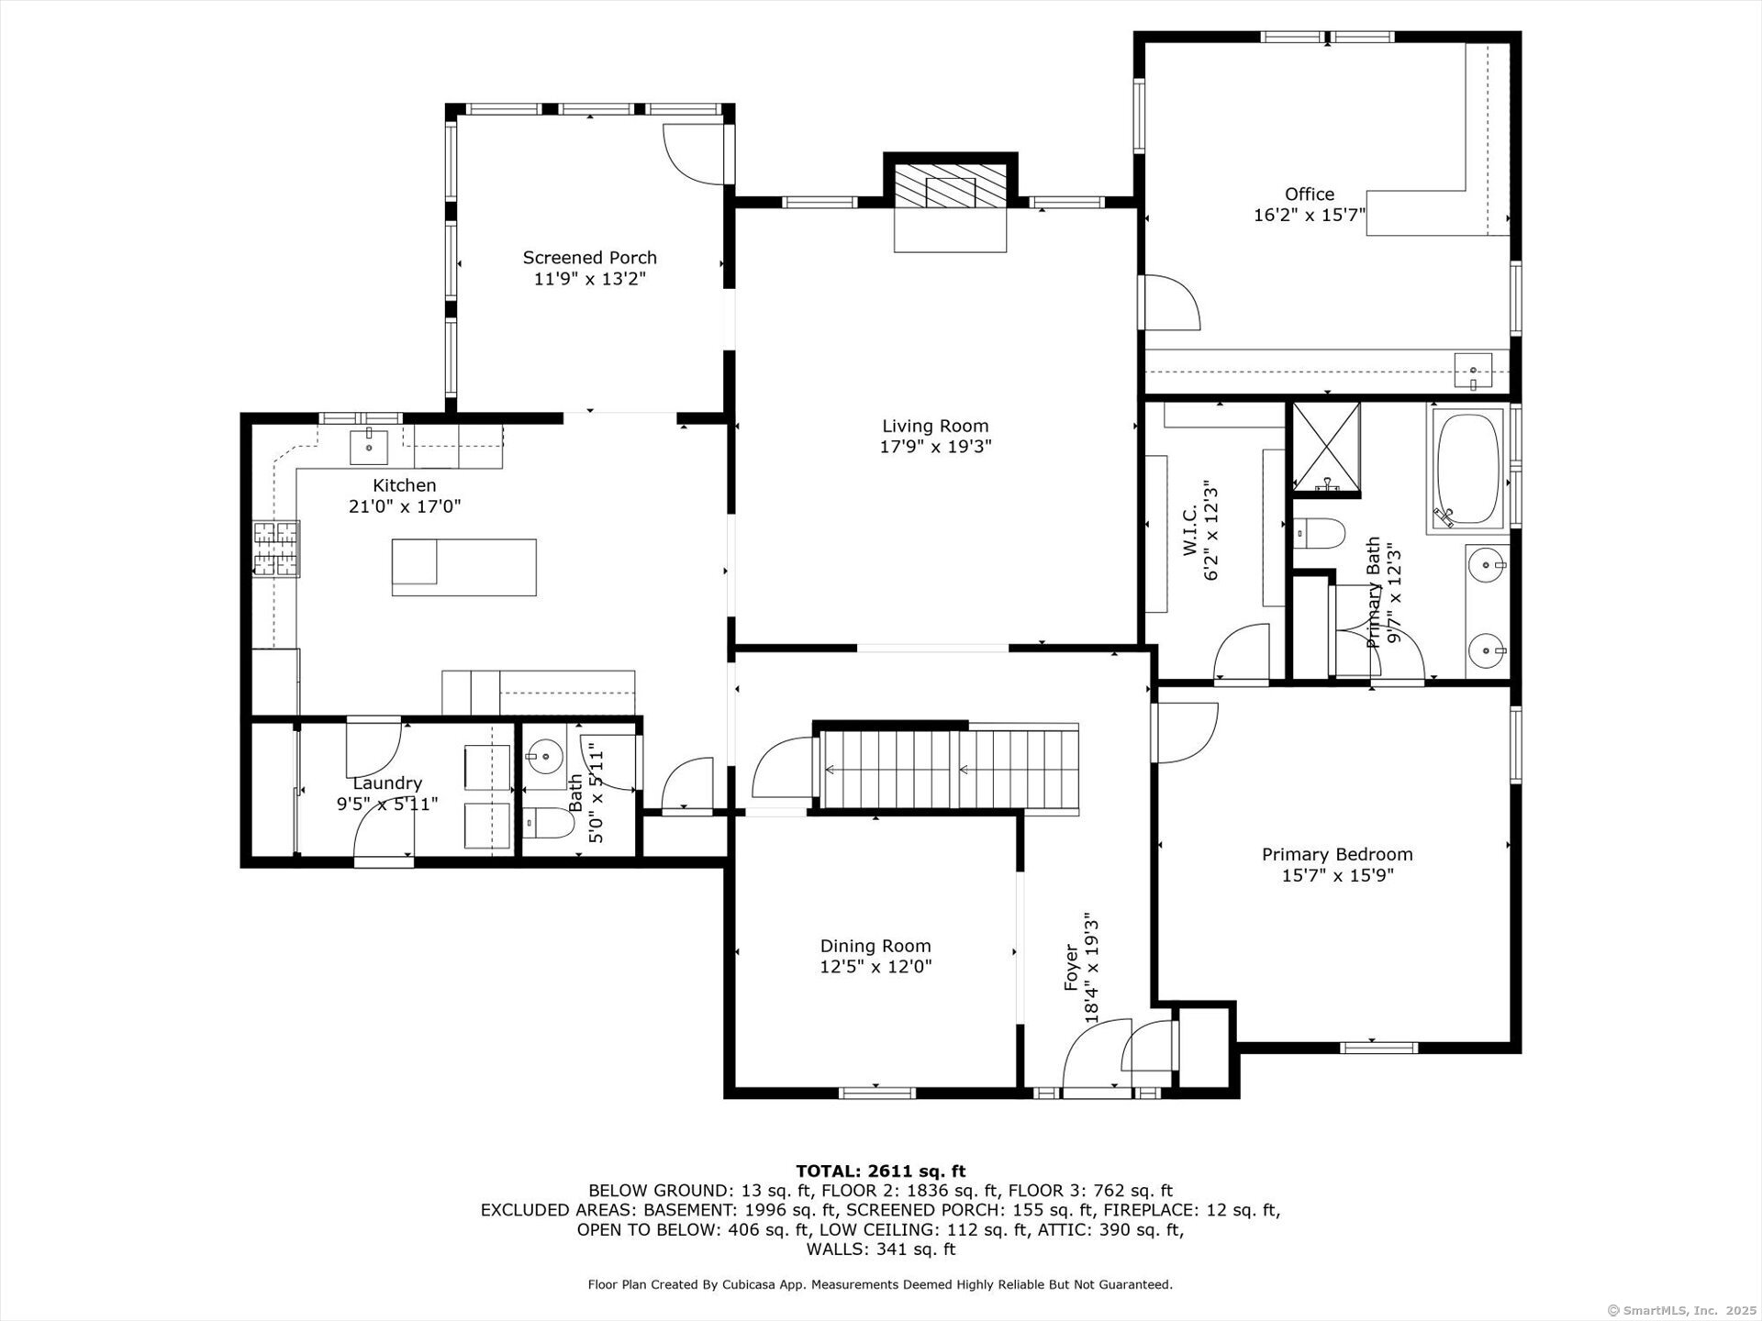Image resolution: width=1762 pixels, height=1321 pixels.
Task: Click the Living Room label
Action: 935,426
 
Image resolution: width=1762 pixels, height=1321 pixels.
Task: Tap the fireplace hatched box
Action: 950,186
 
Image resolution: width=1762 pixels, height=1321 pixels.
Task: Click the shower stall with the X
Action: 1326,446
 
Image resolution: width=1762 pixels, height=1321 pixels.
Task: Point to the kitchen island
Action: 463,567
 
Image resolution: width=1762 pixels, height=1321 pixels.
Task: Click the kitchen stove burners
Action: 277,549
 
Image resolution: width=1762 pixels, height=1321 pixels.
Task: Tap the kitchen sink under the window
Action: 369,447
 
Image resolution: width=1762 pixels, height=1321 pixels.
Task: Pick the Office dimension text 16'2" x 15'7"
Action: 1310,216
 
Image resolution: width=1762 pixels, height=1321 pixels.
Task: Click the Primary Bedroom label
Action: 1337,854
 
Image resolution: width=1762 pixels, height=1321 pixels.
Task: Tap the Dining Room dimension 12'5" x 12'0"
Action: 875,967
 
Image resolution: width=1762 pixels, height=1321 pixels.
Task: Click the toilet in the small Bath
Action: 548,824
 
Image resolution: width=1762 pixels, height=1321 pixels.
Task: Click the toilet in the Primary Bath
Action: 1319,532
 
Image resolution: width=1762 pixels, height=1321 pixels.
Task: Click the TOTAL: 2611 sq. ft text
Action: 880,1171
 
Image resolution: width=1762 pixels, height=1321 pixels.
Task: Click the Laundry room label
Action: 387,783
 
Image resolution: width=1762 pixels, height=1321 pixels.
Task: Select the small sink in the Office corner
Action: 1473,371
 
